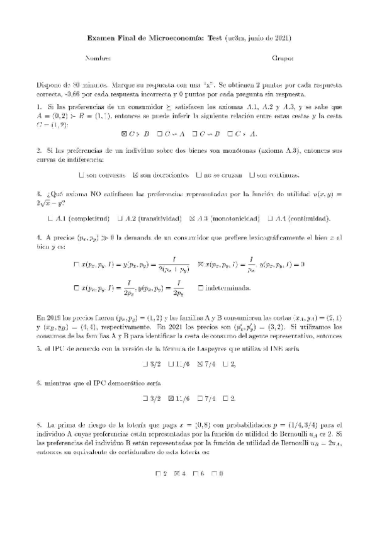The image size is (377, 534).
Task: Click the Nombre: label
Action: (x=98, y=59)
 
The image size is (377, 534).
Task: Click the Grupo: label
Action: (x=282, y=59)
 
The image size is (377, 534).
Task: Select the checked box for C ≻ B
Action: (x=124, y=133)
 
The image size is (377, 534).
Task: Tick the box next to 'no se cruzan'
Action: (x=199, y=174)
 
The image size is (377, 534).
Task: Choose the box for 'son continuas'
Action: (x=252, y=174)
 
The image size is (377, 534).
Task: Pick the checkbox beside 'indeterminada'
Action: (x=200, y=288)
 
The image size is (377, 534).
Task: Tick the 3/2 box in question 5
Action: (x=146, y=364)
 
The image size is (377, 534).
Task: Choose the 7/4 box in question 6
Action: (x=200, y=399)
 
